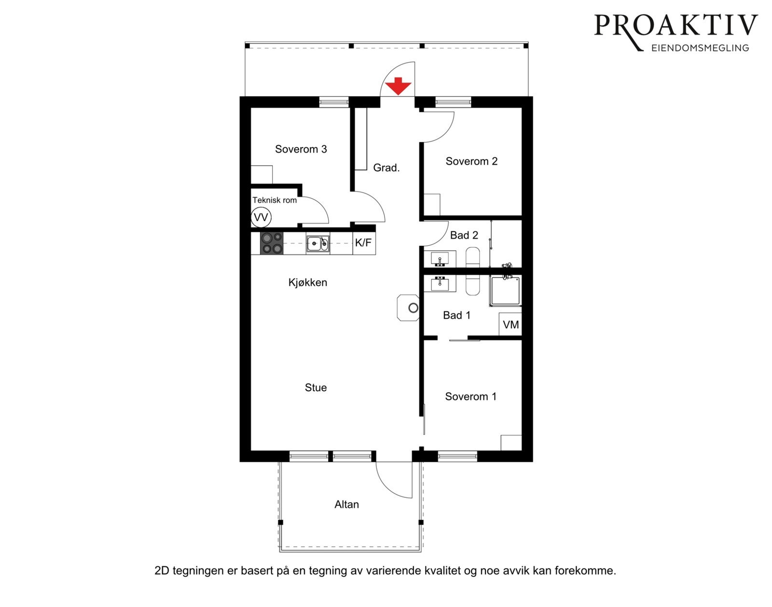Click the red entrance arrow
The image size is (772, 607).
click(398, 85)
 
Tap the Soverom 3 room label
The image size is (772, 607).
click(301, 149)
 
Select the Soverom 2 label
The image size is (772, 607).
click(471, 161)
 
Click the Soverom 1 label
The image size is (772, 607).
click(470, 396)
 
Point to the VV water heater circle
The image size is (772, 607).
click(261, 217)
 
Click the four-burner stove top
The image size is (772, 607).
click(272, 243)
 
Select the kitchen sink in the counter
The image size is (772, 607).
click(317, 244)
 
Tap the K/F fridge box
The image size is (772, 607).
click(363, 243)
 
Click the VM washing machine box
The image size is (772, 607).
click(510, 325)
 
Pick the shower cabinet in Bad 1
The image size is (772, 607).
click(505, 291)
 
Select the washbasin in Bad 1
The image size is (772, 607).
click(440, 283)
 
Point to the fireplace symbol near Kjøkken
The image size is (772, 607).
click(408, 308)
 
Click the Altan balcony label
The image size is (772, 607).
click(346, 505)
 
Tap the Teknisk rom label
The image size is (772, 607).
click(275, 200)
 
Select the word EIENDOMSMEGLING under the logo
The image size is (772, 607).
click(700, 48)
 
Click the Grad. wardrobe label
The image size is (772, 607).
click(386, 168)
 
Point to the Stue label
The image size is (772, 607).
click(316, 388)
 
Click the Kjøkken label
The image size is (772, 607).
click(307, 282)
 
